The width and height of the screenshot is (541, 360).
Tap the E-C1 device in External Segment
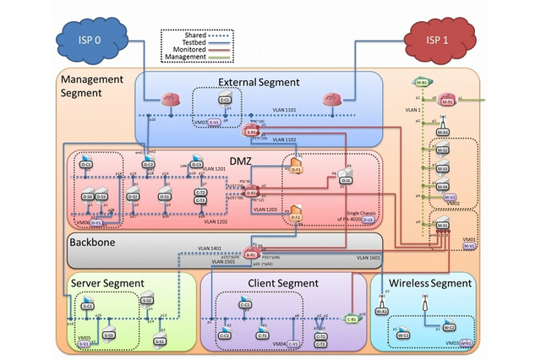226,101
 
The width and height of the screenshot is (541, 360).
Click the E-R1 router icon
251,131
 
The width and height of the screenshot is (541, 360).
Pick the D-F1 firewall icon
297,166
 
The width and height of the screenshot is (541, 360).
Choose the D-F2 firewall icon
296,215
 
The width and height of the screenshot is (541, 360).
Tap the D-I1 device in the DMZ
346,176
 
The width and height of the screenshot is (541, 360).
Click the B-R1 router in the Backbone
251,253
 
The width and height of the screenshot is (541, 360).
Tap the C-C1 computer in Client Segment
245,304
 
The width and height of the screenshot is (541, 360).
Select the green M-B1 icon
422,82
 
